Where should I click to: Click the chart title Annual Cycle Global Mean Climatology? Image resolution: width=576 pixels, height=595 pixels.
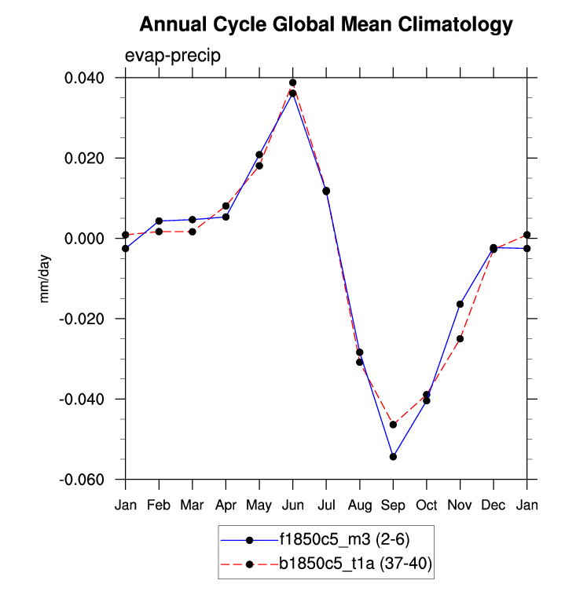325,25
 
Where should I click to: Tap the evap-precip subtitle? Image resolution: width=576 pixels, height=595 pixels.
172,56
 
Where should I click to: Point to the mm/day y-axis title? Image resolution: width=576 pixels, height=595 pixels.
45,279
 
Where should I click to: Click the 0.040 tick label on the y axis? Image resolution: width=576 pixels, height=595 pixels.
88,78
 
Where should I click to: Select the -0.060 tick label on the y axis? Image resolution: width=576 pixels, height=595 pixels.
86,480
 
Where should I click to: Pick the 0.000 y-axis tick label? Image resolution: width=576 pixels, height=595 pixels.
88,239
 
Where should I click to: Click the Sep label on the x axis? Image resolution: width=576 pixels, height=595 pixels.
393,506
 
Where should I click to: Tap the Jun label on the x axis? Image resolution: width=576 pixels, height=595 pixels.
292,506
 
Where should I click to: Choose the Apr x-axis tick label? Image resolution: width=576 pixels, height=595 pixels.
226,506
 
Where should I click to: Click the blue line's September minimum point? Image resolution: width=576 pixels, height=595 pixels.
393,457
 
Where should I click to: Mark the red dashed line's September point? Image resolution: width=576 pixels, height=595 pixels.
393,425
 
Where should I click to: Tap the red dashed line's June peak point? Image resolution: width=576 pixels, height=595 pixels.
292,82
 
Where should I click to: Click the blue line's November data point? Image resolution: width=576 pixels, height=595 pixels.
460,304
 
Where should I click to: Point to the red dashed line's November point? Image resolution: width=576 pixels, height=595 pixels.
460,339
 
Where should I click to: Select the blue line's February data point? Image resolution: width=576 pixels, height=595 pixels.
159,221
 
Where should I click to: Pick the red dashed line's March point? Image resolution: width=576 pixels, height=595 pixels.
193,232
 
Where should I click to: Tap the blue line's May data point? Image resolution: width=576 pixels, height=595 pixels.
259,155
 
